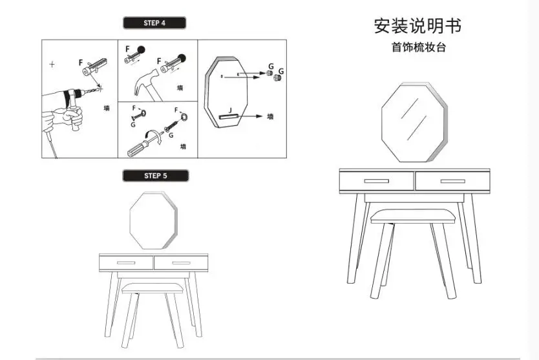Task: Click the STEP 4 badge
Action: pyautogui.click(x=154, y=23)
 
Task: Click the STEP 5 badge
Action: pyautogui.click(x=155, y=176)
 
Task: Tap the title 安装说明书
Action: pyautogui.click(x=417, y=26)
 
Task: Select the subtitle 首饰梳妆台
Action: pyautogui.click(x=418, y=47)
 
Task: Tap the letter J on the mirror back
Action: pyautogui.click(x=230, y=111)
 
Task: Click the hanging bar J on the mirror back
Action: pyautogui.click(x=228, y=116)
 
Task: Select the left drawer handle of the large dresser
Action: pyautogui.click(x=377, y=181)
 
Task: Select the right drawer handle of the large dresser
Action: pyautogui.click(x=452, y=181)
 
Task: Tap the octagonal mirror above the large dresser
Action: pyautogui.click(x=414, y=122)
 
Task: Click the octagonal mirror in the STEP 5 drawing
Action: pyautogui.click(x=153, y=220)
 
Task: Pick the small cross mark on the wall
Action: pyautogui.click(x=52, y=64)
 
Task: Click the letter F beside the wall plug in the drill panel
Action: pyautogui.click(x=81, y=63)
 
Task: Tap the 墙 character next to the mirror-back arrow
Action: pyautogui.click(x=271, y=116)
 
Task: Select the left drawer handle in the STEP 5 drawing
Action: pyautogui.click(x=126, y=263)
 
